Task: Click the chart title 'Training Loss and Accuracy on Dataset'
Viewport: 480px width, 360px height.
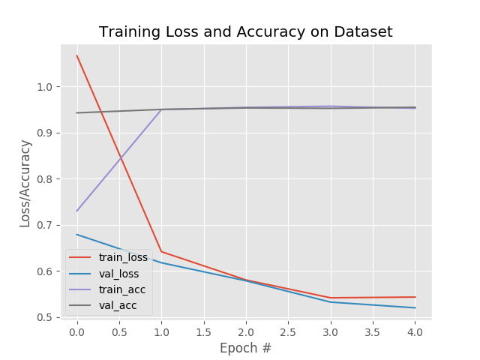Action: click(x=246, y=32)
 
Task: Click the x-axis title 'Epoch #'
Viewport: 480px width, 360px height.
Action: click(x=246, y=348)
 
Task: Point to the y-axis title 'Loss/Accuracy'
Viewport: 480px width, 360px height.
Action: click(x=25, y=183)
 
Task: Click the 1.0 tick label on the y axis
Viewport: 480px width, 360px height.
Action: click(x=44, y=87)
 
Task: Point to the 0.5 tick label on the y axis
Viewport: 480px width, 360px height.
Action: click(x=44, y=317)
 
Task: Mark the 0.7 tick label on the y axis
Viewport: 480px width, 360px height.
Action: click(x=44, y=225)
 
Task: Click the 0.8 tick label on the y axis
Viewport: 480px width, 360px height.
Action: click(x=44, y=179)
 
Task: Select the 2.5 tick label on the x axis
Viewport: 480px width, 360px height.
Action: click(x=288, y=331)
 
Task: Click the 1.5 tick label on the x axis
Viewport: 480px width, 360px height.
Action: click(x=203, y=331)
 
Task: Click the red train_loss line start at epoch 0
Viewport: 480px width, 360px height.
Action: click(x=76, y=55)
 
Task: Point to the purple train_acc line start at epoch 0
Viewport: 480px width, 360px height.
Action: click(x=76, y=211)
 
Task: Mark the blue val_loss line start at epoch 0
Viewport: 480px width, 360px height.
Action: click(x=76, y=234)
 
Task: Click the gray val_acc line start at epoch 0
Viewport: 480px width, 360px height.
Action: click(x=76, y=113)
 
